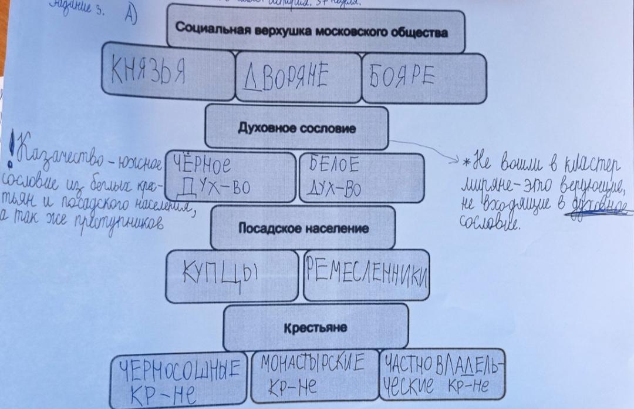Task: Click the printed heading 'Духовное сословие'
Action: (296, 128)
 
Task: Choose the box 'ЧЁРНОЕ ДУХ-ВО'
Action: (229, 176)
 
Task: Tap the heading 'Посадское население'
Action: (303, 229)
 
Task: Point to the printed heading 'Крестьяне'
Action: (315, 327)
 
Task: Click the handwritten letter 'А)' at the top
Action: (131, 16)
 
